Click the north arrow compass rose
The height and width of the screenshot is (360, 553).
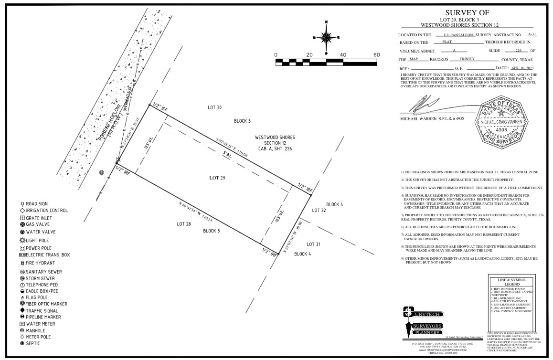click(x=326, y=37)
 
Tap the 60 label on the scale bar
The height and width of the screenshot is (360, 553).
click(x=376, y=55)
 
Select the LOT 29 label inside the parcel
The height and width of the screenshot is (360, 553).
click(x=217, y=178)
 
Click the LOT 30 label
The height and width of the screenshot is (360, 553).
click(x=214, y=108)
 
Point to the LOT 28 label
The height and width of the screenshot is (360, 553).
click(x=184, y=224)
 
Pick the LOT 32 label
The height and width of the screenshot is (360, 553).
click(x=319, y=210)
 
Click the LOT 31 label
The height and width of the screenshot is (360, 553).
click(x=313, y=244)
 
